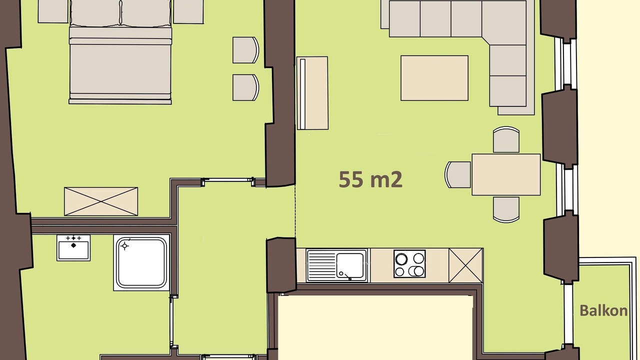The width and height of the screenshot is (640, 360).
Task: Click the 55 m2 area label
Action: tap(370, 179)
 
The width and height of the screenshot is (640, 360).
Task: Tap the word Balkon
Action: tap(603, 310)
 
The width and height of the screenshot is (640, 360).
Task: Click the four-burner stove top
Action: tap(409, 263)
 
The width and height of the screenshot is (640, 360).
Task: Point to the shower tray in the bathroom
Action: tap(141, 262)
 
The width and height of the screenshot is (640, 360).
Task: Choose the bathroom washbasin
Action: tap(73, 248)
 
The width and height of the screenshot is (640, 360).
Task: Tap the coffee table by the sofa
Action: tap(434, 78)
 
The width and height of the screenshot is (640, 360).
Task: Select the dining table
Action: tap(506, 174)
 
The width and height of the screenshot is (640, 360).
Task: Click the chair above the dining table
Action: tap(506, 139)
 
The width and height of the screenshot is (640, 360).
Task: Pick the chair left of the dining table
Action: tap(457, 174)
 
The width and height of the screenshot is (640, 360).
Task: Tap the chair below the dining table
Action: tap(506, 209)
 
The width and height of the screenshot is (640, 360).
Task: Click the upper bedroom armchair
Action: tap(245, 50)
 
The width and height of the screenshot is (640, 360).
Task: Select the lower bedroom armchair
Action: tap(245, 87)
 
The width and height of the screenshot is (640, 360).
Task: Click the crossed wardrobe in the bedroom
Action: tap(101, 201)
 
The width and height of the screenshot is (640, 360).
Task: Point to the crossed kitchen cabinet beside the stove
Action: tap(465, 265)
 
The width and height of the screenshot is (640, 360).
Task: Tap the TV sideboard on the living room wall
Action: tap(312, 93)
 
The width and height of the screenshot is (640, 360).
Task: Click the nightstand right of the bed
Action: tap(188, 11)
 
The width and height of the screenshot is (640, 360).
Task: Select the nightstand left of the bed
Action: tap(53, 11)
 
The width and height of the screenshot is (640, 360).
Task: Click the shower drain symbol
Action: tap(124, 245)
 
